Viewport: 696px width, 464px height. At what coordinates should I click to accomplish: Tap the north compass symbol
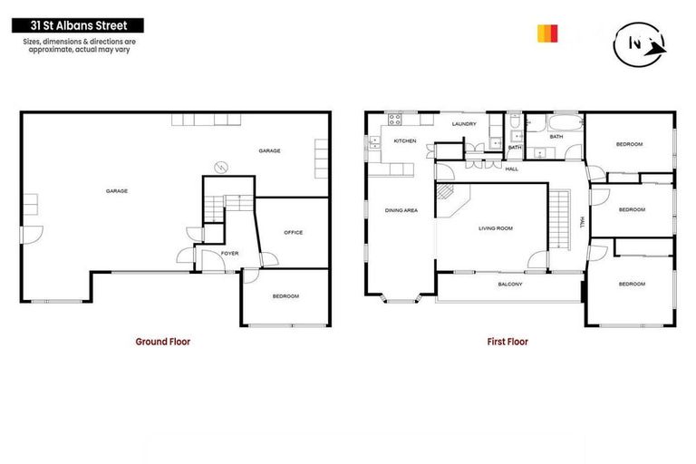639,43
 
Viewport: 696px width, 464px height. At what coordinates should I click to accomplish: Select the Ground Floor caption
163,342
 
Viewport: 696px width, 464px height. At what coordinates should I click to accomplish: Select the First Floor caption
507,342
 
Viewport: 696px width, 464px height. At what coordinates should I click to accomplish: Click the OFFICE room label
293,233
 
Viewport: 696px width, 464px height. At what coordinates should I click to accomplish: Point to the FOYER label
229,253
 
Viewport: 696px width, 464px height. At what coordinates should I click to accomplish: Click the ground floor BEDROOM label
285,296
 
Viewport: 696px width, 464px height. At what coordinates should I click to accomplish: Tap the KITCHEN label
405,141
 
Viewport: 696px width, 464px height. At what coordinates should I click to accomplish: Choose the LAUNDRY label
464,124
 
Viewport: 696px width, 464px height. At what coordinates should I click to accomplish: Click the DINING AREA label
401,210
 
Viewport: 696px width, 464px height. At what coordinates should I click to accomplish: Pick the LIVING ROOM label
496,228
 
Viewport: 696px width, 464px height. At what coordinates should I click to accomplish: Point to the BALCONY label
510,285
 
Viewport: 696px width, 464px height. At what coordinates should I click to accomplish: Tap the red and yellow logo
547,34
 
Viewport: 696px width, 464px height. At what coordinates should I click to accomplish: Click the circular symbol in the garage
219,166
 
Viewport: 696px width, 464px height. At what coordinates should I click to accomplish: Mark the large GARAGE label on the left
116,191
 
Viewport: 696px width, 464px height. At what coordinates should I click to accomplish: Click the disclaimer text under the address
75,44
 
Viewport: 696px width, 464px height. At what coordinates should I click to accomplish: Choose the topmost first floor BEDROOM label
630,145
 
